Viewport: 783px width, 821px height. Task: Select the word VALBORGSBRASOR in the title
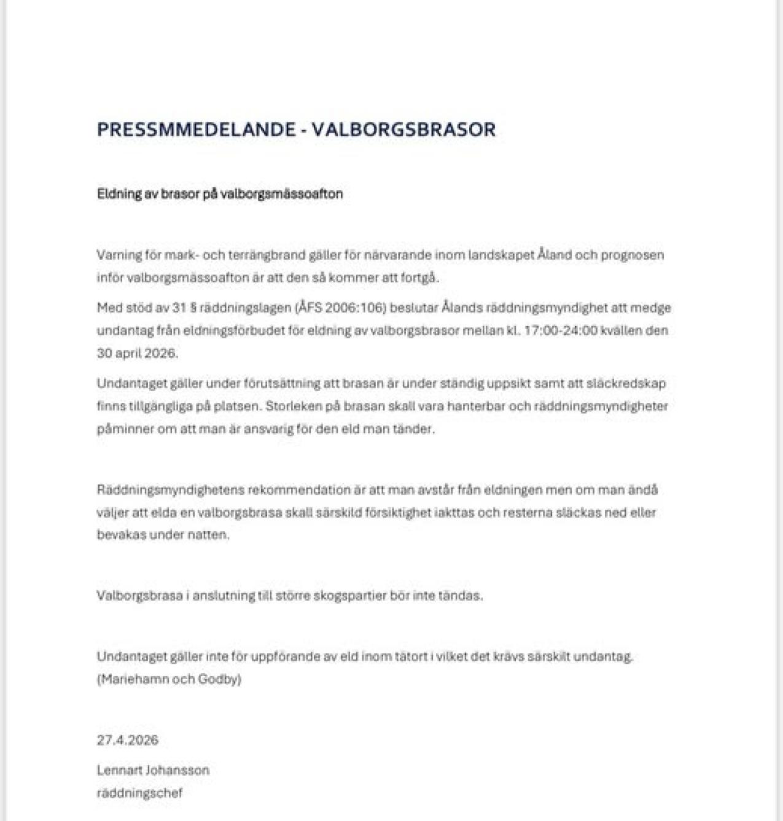[x=403, y=130]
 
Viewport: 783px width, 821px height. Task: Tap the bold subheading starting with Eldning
[x=220, y=194]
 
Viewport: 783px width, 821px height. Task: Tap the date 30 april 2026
[x=137, y=353]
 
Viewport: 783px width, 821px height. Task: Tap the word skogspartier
[x=350, y=596]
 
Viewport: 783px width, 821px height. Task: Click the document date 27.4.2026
[x=128, y=740]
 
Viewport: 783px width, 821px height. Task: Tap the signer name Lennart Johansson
[x=153, y=770]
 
